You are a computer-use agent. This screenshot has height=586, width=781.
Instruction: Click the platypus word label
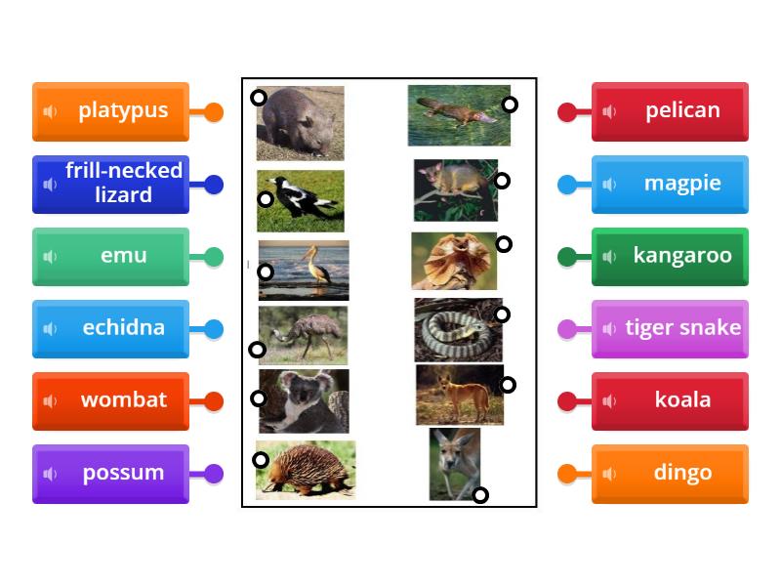click(x=110, y=111)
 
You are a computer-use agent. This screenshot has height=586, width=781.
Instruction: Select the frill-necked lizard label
click(x=110, y=184)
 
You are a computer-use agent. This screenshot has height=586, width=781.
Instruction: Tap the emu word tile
click(x=110, y=256)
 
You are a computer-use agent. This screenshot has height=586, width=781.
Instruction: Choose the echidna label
click(x=110, y=328)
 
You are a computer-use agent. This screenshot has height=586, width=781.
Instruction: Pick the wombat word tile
click(x=110, y=400)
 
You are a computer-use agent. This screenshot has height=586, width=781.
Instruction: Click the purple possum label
click(x=110, y=473)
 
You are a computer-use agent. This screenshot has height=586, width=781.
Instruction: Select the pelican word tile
click(x=670, y=111)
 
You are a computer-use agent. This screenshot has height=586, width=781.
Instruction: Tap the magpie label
click(x=670, y=184)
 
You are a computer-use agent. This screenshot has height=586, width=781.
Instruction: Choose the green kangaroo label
click(x=670, y=256)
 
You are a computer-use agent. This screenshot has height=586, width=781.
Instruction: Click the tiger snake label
click(x=670, y=328)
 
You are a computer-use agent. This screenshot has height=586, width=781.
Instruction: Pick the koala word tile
click(x=670, y=400)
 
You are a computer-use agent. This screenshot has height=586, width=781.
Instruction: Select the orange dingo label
click(x=670, y=473)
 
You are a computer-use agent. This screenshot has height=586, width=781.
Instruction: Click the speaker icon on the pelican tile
click(x=610, y=111)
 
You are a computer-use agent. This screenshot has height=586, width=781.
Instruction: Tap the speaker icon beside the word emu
click(x=51, y=257)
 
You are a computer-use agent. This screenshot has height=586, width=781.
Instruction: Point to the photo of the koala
click(x=304, y=400)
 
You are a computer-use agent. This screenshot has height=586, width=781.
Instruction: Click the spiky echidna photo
click(x=307, y=470)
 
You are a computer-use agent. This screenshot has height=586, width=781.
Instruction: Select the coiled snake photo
click(x=457, y=330)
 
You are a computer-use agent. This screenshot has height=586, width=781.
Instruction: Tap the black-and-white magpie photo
click(x=301, y=200)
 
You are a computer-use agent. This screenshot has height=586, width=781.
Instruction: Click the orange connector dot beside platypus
click(x=213, y=112)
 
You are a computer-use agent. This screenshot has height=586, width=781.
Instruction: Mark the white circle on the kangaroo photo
click(x=480, y=495)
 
